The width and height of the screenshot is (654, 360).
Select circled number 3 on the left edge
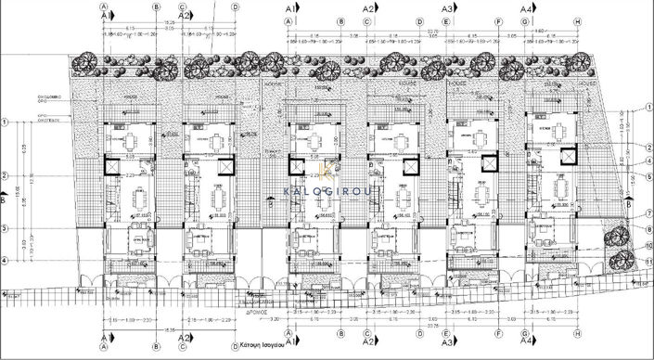tap(6, 228)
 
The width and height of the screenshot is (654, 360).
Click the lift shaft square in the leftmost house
tap(113, 167)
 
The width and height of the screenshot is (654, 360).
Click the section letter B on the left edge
tap(5, 199)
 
